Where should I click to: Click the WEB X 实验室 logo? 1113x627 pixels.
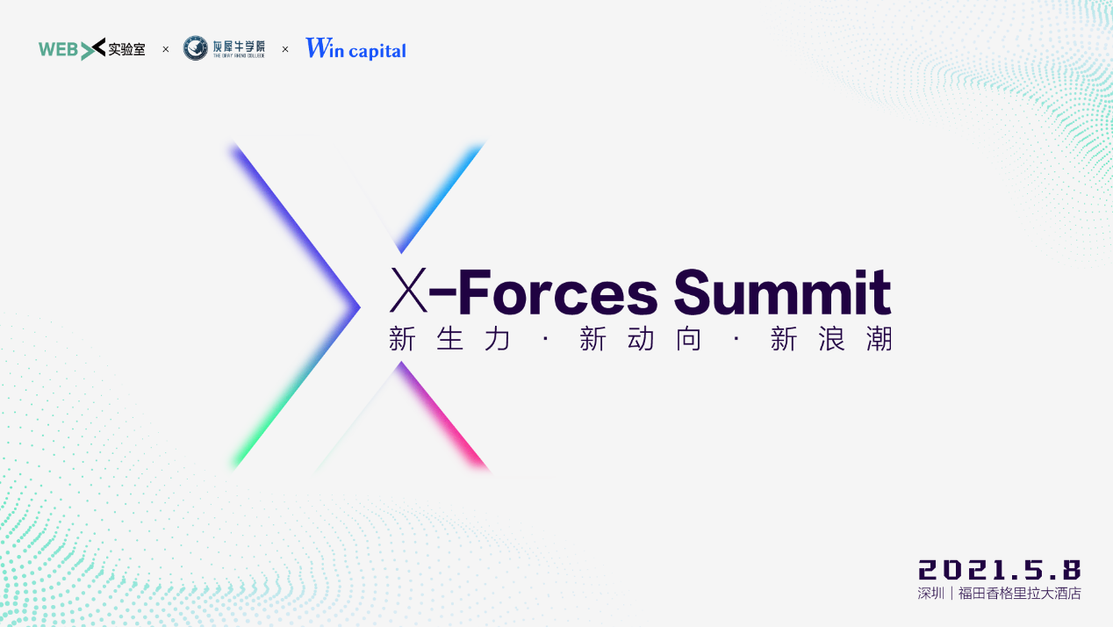[92, 49]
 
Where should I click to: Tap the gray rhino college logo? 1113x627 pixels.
[225, 48]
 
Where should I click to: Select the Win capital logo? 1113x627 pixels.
[355, 49]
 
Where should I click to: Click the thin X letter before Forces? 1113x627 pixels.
[408, 292]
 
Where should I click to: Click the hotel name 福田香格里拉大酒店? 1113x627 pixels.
[1020, 594]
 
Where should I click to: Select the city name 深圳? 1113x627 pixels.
[930, 594]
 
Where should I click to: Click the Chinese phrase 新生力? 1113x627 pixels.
[449, 339]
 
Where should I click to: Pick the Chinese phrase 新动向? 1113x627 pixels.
[641, 339]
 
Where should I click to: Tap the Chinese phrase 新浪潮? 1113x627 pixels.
[831, 339]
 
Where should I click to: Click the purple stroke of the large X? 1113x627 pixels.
[290, 220]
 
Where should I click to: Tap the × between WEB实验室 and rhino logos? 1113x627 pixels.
[166, 49]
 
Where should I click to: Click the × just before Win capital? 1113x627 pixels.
[285, 49]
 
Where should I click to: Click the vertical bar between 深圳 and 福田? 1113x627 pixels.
[951, 594]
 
